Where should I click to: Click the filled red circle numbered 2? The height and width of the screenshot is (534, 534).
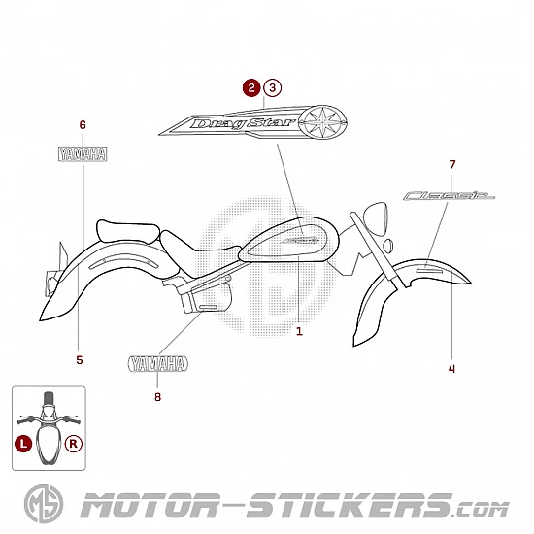pyautogui.click(x=251, y=87)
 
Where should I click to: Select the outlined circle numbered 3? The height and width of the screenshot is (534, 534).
pyautogui.click(x=272, y=87)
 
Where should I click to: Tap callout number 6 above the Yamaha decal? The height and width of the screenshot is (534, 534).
pyautogui.click(x=83, y=125)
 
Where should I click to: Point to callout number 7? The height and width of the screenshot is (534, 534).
pyautogui.click(x=451, y=165)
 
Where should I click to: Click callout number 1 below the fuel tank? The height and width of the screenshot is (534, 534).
pyautogui.click(x=299, y=331)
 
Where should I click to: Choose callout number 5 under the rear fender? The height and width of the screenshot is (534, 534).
pyautogui.click(x=80, y=360)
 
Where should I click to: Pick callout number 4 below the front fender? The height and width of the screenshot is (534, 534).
pyautogui.click(x=451, y=369)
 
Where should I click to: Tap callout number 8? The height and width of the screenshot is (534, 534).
pyautogui.click(x=157, y=397)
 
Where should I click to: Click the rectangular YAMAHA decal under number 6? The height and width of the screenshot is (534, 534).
pyautogui.click(x=83, y=154)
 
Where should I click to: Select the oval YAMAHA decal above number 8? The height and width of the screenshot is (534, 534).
pyautogui.click(x=158, y=364)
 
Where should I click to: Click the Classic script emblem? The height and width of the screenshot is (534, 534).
pyautogui.click(x=449, y=196)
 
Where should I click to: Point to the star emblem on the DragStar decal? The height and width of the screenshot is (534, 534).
pyautogui.click(x=322, y=121)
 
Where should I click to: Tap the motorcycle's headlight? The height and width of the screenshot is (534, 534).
pyautogui.click(x=376, y=218)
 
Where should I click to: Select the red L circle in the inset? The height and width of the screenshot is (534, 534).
pyautogui.click(x=23, y=444)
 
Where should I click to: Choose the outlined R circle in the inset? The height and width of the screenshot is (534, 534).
pyautogui.click(x=74, y=444)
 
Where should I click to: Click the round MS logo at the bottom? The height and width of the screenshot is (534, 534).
pyautogui.click(x=44, y=504)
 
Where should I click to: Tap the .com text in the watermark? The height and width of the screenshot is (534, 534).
pyautogui.click(x=482, y=510)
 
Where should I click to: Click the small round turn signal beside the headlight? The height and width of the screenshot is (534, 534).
pyautogui.click(x=388, y=246)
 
